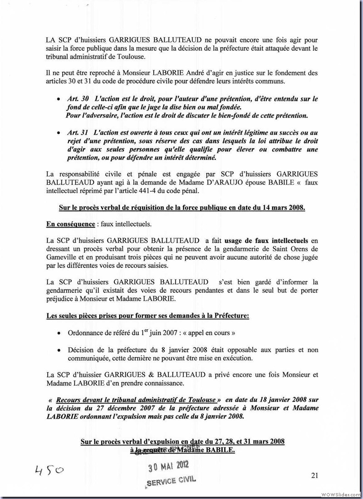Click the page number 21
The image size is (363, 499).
pyautogui.click(x=315, y=475)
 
